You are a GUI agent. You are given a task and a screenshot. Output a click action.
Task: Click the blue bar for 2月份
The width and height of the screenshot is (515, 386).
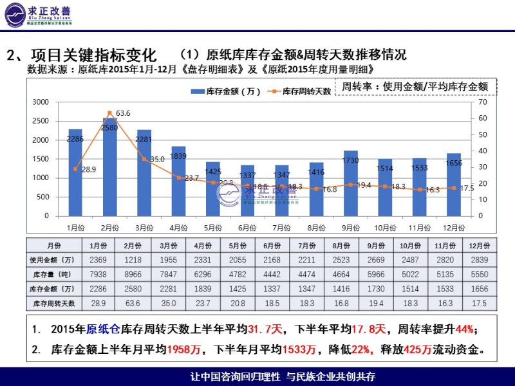pos(109,167)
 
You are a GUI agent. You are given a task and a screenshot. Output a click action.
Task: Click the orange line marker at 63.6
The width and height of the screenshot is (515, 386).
pos(109,113)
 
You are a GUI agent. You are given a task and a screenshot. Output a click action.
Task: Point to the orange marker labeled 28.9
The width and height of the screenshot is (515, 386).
pos(75,169)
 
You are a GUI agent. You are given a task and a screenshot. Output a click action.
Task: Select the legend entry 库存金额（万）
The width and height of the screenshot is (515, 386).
pos(225,91)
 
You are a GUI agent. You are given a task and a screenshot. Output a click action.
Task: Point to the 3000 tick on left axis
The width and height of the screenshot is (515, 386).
pos(41,102)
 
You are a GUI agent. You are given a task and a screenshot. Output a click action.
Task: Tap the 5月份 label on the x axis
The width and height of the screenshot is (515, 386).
pos(213,227)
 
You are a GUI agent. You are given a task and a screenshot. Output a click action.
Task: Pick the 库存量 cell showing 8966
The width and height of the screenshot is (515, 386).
pos(133,274)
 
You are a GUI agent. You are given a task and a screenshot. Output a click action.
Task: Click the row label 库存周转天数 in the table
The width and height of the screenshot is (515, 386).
pos(54,303)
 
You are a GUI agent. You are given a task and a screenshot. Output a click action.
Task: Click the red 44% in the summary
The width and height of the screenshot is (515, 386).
pos(464,329)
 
